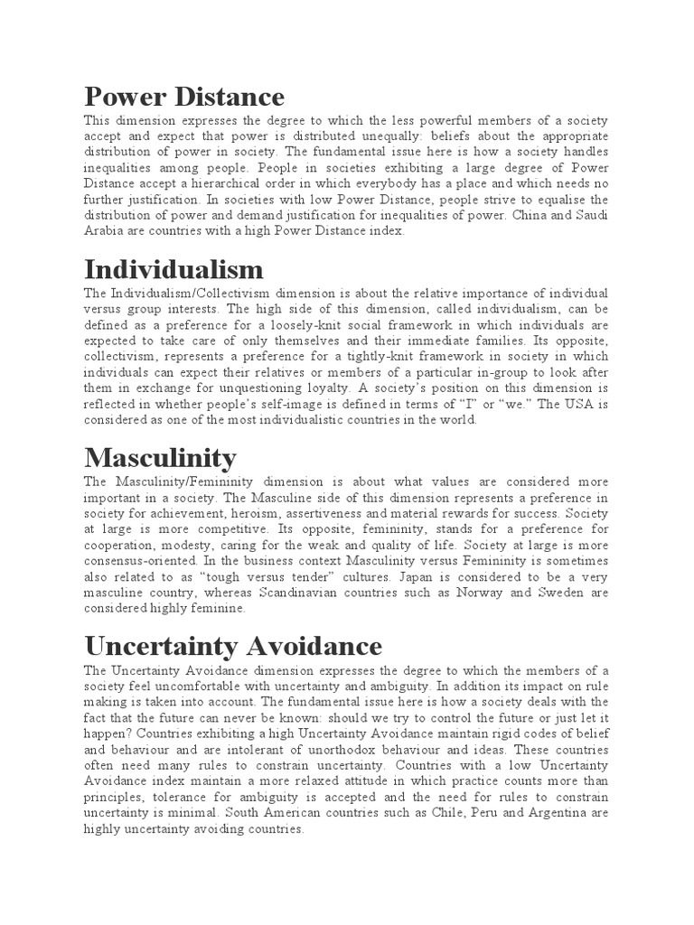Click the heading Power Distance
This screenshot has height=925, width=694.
coord(184,96)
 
